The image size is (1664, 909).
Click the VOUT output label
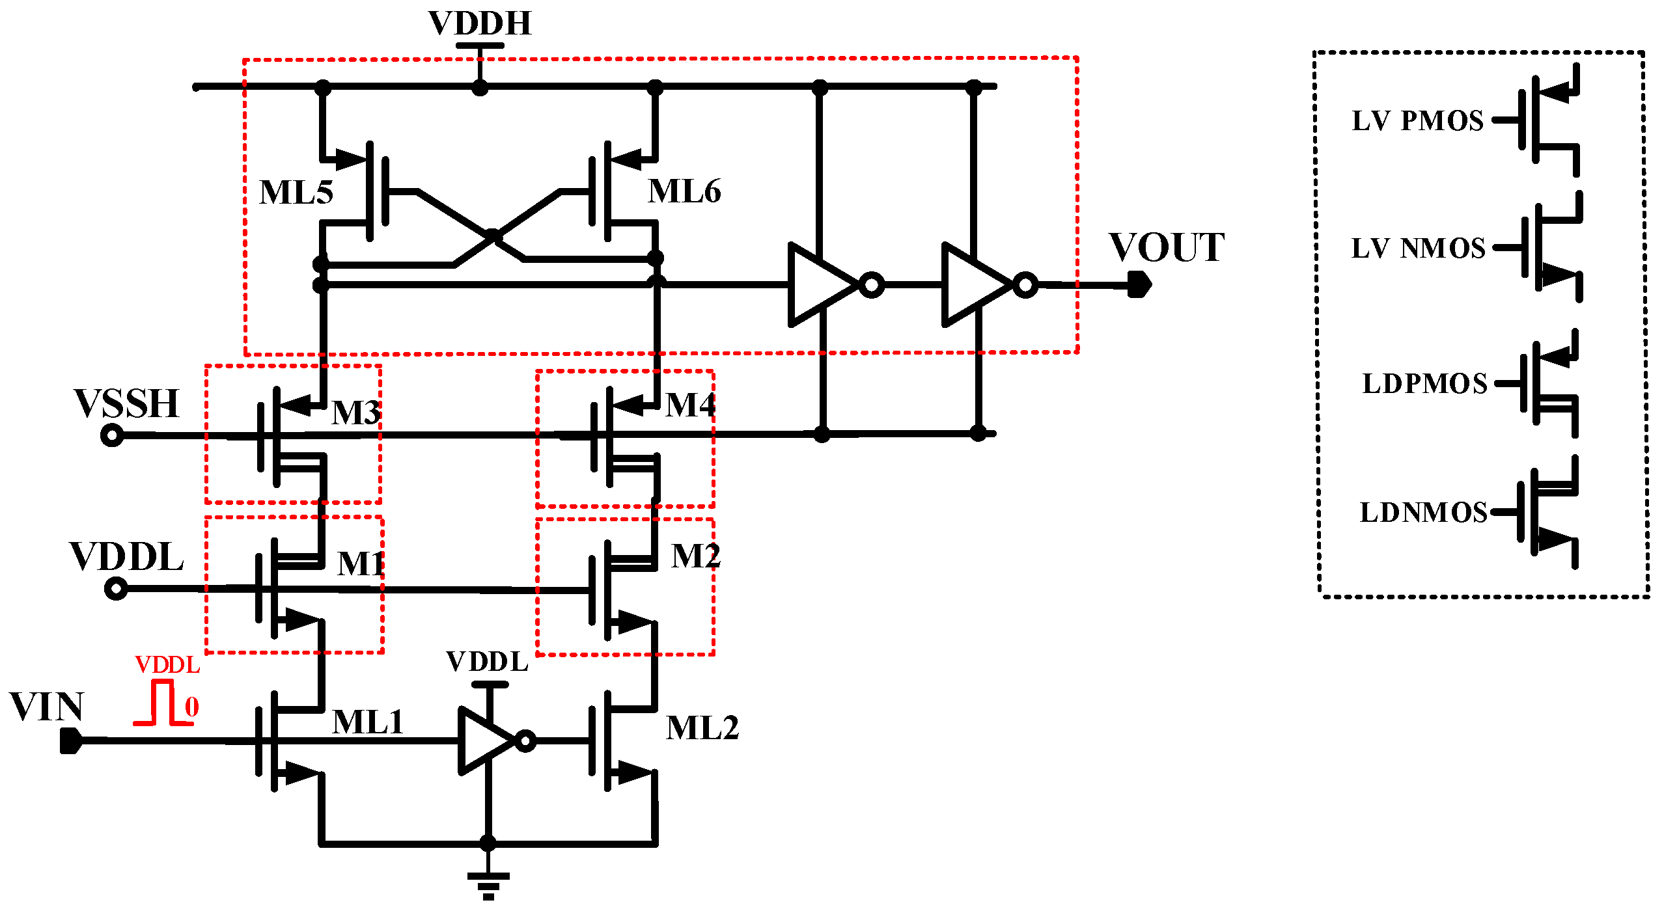[x=1167, y=248]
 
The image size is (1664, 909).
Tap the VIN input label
[x=47, y=707]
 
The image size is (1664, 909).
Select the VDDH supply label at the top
[x=480, y=23]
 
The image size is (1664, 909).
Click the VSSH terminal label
[x=126, y=404]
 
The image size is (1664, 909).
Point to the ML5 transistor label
[x=296, y=193]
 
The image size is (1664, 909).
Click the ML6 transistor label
[x=684, y=192]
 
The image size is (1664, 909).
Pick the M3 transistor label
[x=355, y=413]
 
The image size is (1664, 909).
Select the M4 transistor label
[x=690, y=405]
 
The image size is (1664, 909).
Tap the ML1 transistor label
[x=368, y=722]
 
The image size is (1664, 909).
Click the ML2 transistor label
[x=702, y=728]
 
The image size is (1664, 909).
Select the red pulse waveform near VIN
[x=163, y=703]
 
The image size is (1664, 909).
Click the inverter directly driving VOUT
[x=980, y=285]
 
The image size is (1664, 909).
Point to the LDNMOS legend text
[x=1424, y=513]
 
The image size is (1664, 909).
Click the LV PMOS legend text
[x=1418, y=121]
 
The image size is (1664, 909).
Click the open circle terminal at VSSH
[x=112, y=435]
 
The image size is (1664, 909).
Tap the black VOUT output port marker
[x=1139, y=284]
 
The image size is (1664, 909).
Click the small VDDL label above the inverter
[x=487, y=662]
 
